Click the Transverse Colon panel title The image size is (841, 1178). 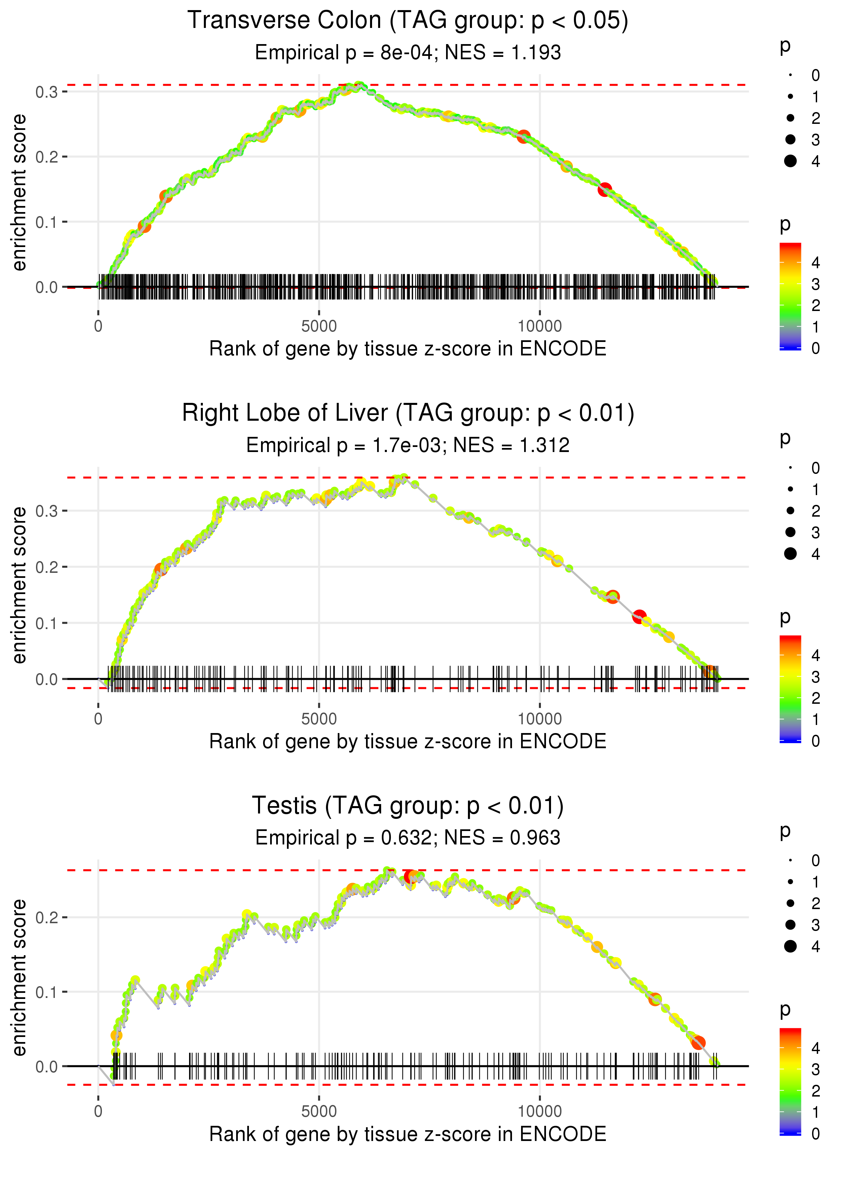pyautogui.click(x=408, y=21)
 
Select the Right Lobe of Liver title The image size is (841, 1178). pyautogui.click(x=408, y=413)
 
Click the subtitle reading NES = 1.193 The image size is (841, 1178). pyautogui.click(x=408, y=53)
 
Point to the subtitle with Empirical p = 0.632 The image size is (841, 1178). pyautogui.click(x=408, y=838)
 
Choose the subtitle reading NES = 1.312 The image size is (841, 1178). pyautogui.click(x=408, y=446)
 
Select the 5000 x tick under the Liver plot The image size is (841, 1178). pyautogui.click(x=319, y=719)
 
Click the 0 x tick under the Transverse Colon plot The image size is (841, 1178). pyautogui.click(x=98, y=326)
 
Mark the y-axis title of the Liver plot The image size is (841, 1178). pyautogui.click(x=19, y=585)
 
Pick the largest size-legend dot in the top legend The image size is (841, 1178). pyautogui.click(x=790, y=161)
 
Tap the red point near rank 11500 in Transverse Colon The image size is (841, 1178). pyautogui.click(x=604, y=189)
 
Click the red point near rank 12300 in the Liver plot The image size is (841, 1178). pyautogui.click(x=639, y=617)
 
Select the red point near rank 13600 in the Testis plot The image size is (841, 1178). pyautogui.click(x=698, y=1043)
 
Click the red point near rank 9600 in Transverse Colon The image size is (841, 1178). pyautogui.click(x=523, y=137)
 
